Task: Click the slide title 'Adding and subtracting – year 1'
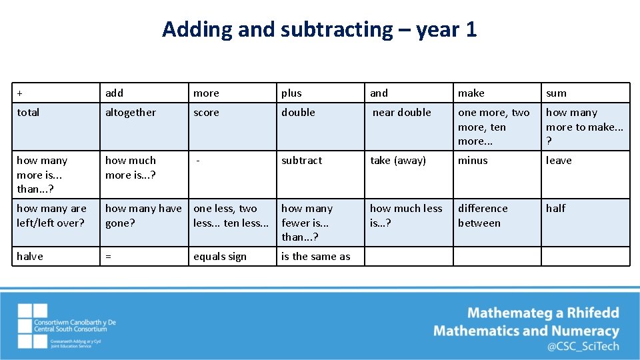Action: click(x=319, y=29)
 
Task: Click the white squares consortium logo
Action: click(x=33, y=326)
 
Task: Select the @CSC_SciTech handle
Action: click(x=583, y=346)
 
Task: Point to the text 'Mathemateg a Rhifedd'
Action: click(x=543, y=313)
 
